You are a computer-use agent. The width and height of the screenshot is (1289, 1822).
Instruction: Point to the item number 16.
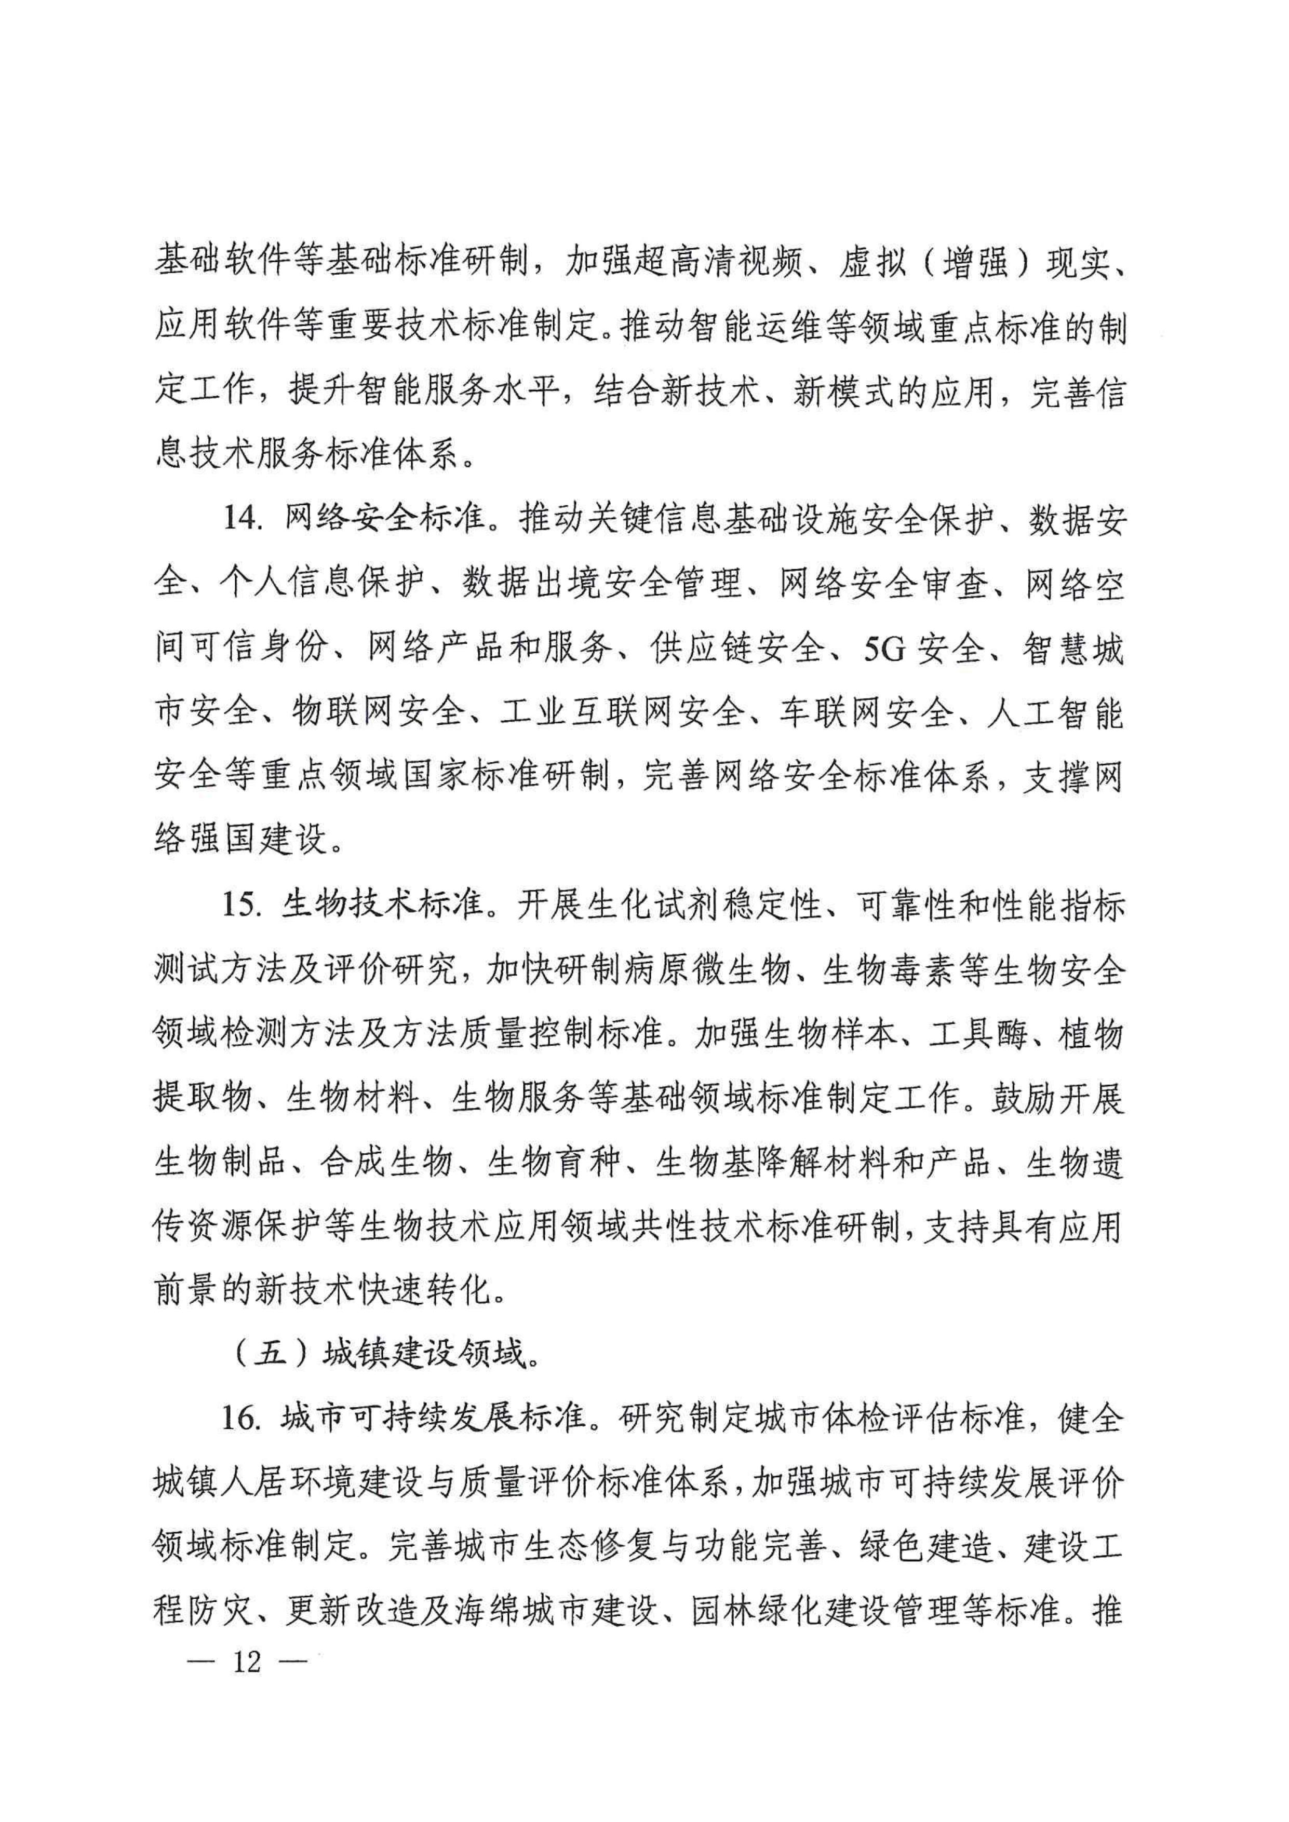click(240, 1418)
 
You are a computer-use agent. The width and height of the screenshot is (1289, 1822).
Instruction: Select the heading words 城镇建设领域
click(425, 1354)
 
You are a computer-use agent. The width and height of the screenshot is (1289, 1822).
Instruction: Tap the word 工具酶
click(978, 1034)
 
